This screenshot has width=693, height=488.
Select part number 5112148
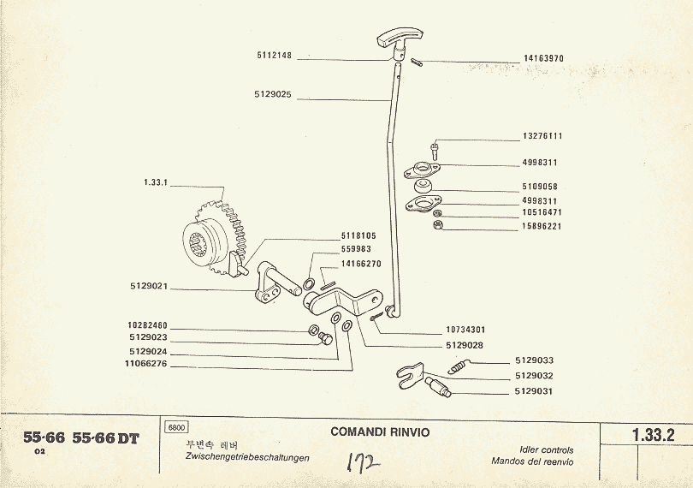(x=274, y=56)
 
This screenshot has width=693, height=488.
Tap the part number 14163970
(x=543, y=59)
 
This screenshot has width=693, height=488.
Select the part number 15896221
(x=542, y=227)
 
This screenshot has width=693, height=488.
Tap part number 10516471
(x=542, y=212)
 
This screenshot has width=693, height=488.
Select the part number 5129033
(x=535, y=361)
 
